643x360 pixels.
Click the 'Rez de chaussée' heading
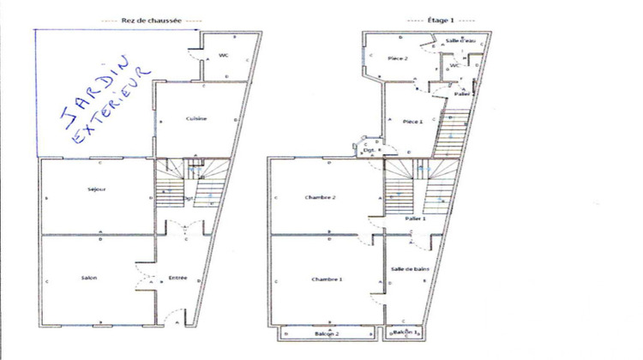point(151,20)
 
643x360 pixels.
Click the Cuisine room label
point(197,118)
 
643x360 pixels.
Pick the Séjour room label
point(96,189)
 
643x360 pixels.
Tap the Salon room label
point(89,279)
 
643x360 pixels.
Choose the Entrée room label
point(177,278)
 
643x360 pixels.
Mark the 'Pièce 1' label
point(412,122)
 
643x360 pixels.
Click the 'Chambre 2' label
point(321,197)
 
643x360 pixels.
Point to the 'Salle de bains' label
point(409,269)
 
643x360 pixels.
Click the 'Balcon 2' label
point(323,333)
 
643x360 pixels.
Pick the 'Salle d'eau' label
point(460,41)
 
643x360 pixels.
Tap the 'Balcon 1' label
point(405,332)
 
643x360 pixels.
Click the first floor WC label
point(456,65)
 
